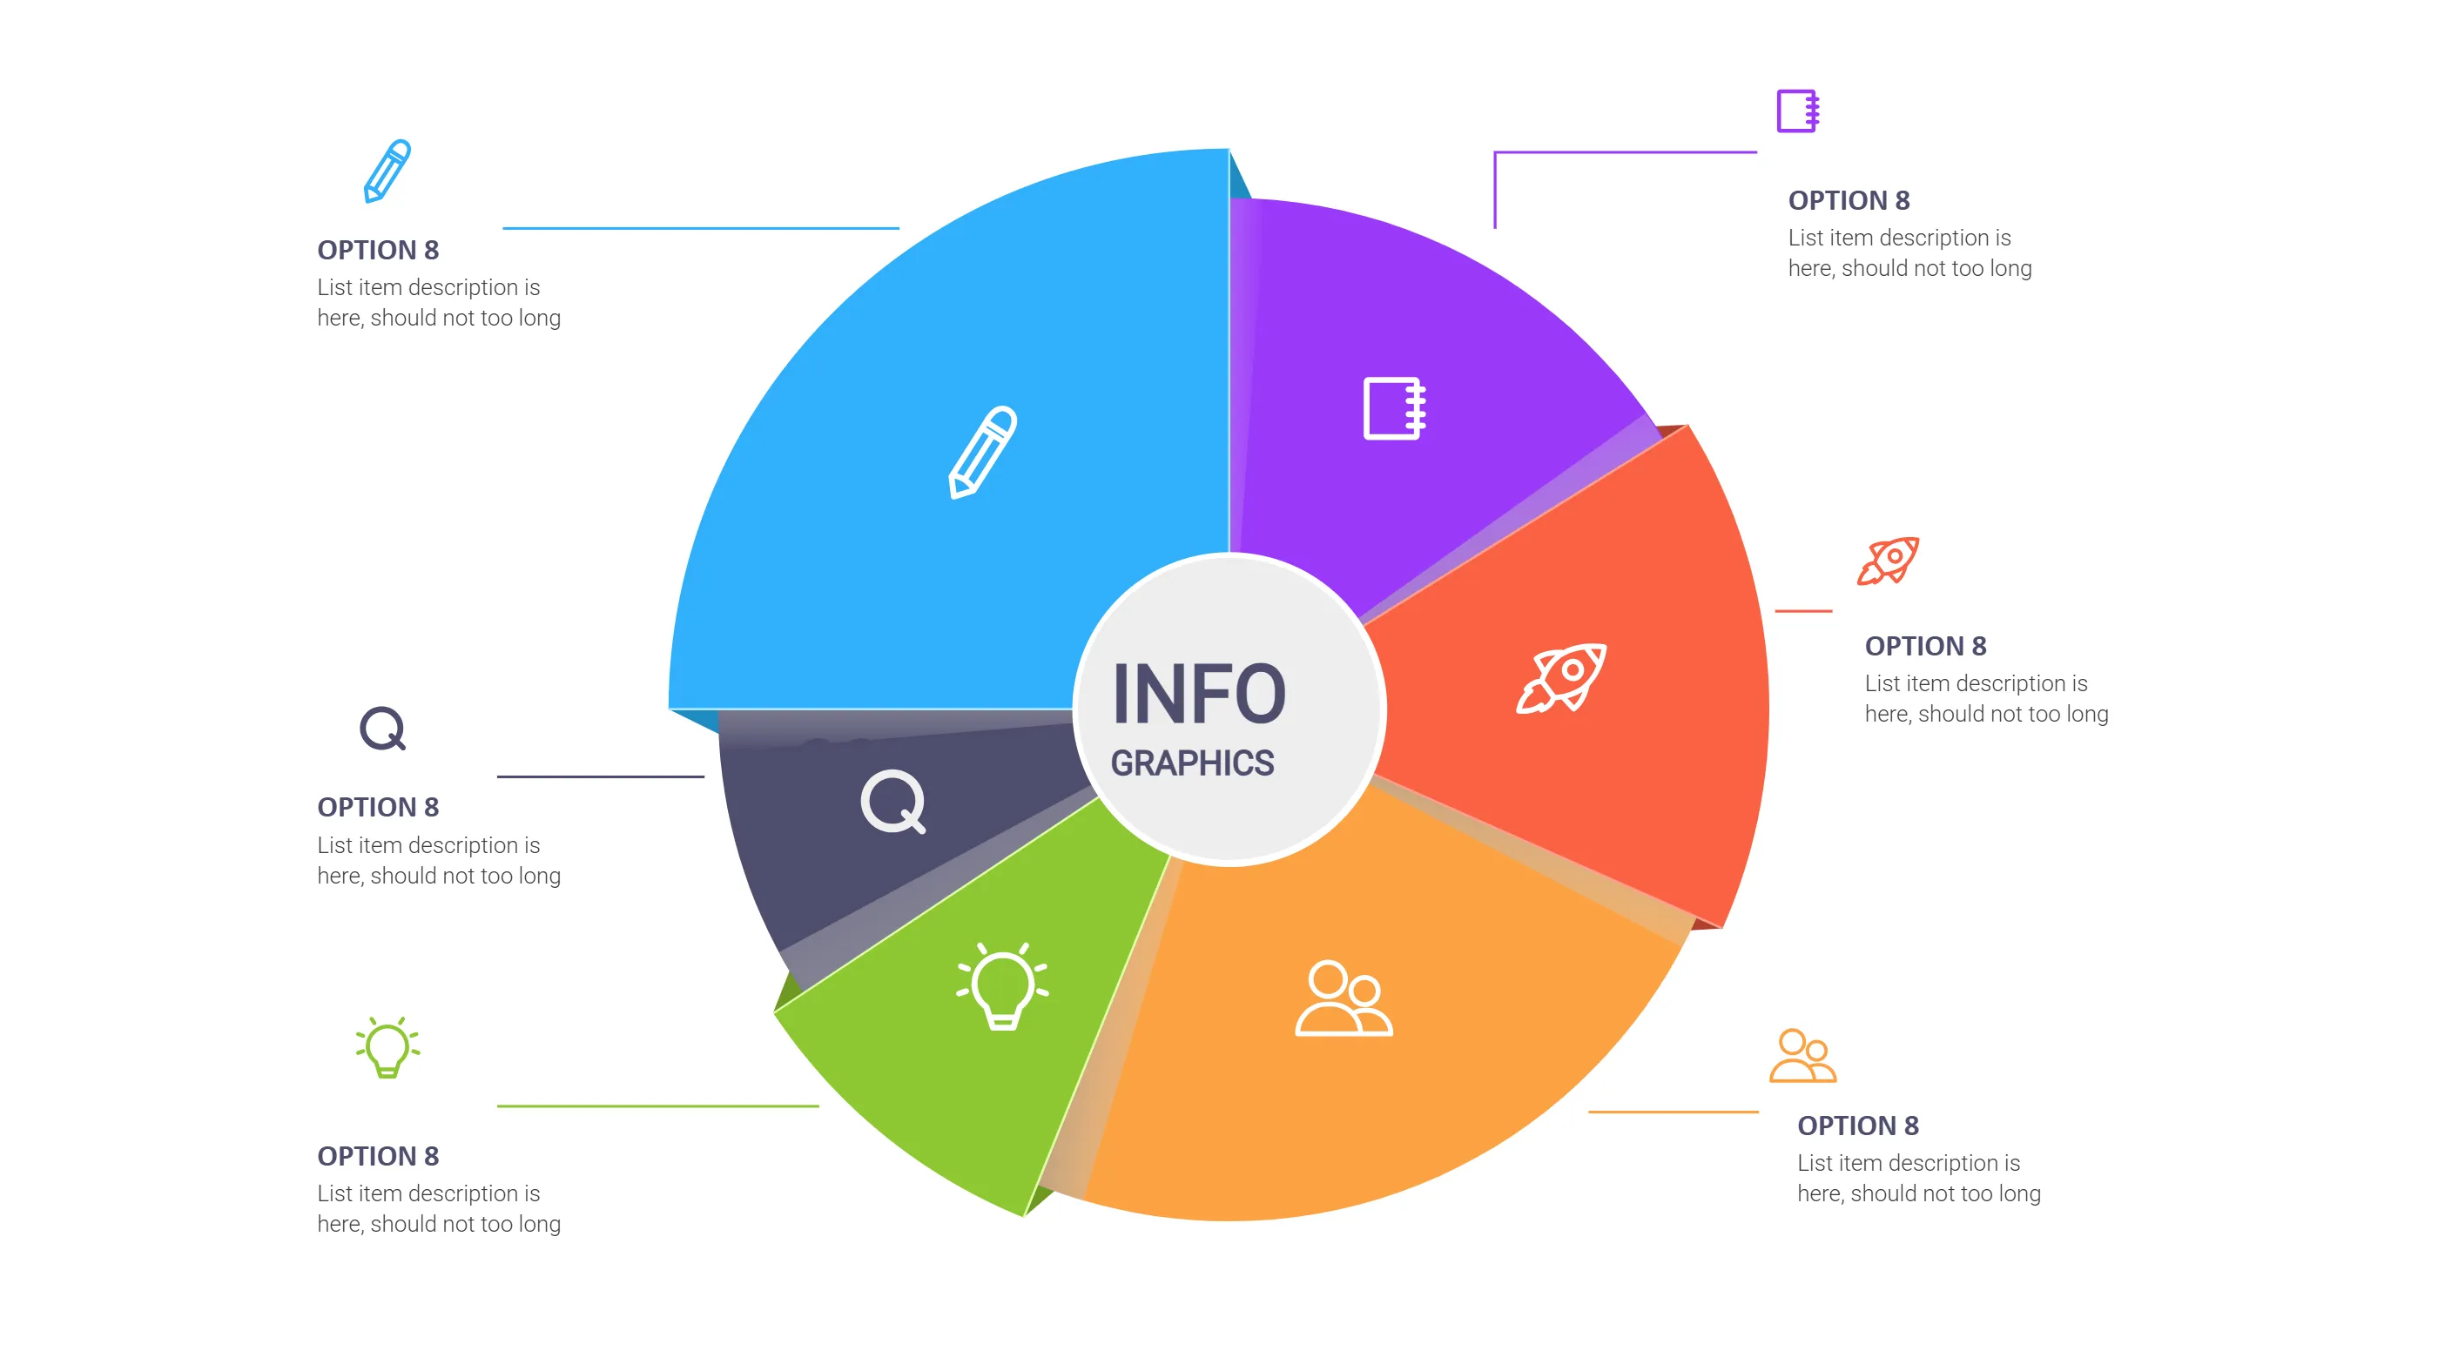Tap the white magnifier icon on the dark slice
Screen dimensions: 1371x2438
[x=892, y=802]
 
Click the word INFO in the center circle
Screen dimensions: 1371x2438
[x=1198, y=695]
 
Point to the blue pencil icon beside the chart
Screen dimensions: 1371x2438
[x=387, y=171]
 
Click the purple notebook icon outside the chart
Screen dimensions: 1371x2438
[x=1797, y=111]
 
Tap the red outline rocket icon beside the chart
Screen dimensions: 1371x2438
[x=1887, y=561]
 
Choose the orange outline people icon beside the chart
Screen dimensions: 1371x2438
[x=1802, y=1055]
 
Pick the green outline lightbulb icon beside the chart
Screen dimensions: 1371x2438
[x=387, y=1046]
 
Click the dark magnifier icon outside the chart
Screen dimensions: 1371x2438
[x=382, y=729]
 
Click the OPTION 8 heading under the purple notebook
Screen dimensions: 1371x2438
[x=1849, y=200]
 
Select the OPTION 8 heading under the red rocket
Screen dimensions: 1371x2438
[x=1925, y=646]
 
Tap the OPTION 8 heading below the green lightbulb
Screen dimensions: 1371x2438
[x=378, y=1155]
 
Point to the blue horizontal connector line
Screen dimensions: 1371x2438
[x=700, y=228]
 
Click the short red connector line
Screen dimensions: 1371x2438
[x=1803, y=611]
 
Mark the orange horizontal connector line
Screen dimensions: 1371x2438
[x=1673, y=1112]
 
